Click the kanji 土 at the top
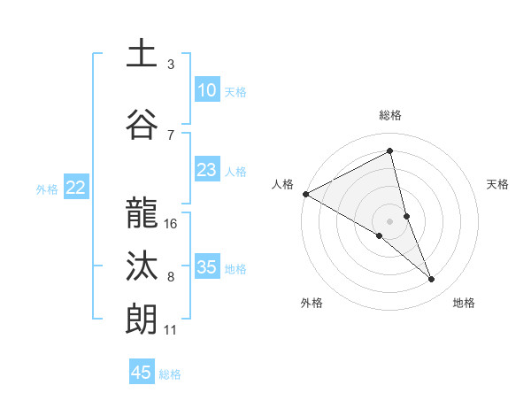(x=142, y=54)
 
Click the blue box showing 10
(x=206, y=90)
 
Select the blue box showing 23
(x=206, y=171)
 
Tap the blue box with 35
(x=206, y=268)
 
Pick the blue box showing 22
(x=76, y=188)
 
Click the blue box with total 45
(x=142, y=373)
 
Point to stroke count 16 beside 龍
(x=172, y=223)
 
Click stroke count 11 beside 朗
(x=171, y=330)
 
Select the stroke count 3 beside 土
(x=171, y=65)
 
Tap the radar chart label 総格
(x=389, y=115)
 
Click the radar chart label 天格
(x=497, y=184)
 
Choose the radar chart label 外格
(x=312, y=303)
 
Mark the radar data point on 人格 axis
(x=305, y=193)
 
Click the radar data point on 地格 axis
(x=432, y=280)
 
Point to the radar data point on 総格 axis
(x=389, y=151)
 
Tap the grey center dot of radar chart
(x=389, y=220)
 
